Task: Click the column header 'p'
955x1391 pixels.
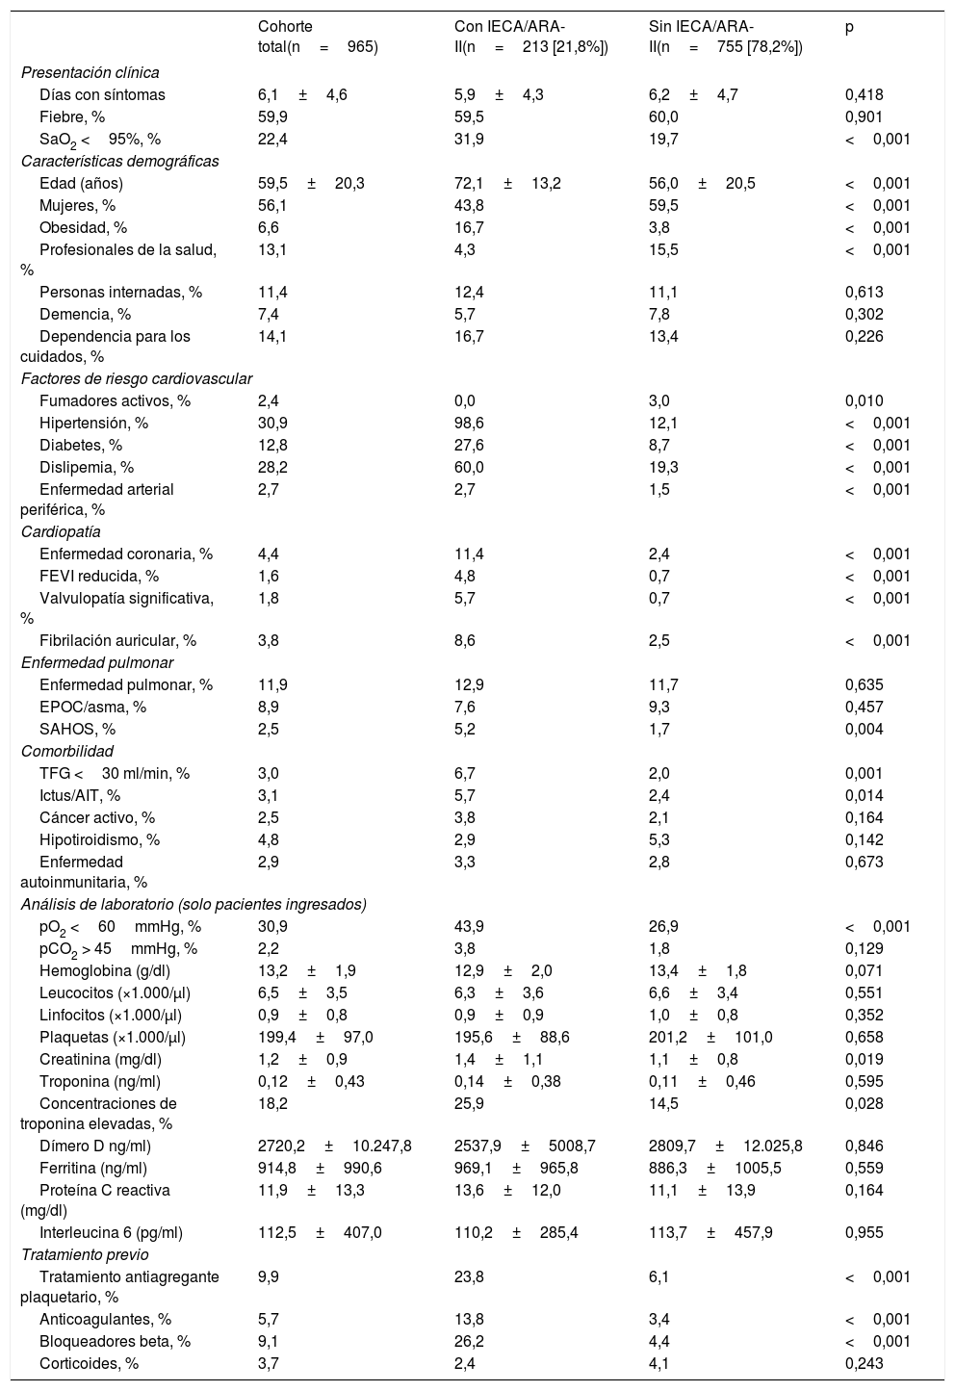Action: point(849,27)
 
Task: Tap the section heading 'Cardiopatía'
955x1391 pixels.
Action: point(61,531)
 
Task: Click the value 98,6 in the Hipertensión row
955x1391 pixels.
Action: point(469,424)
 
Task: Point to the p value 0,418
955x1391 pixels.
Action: point(864,94)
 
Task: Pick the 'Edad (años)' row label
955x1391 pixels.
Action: point(81,183)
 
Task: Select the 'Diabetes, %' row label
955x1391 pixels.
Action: point(81,446)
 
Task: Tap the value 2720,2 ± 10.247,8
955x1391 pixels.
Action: point(334,1146)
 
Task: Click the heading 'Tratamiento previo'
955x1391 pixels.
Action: point(85,1254)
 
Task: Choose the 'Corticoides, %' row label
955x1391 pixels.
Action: point(89,1363)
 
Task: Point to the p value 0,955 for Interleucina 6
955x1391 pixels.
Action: point(864,1232)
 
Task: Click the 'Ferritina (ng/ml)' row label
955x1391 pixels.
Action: point(93,1168)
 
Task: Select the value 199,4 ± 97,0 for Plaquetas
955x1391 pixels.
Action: point(315,1037)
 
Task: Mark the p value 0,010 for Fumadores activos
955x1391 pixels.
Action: point(864,401)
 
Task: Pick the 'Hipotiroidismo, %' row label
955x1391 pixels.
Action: point(99,839)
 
